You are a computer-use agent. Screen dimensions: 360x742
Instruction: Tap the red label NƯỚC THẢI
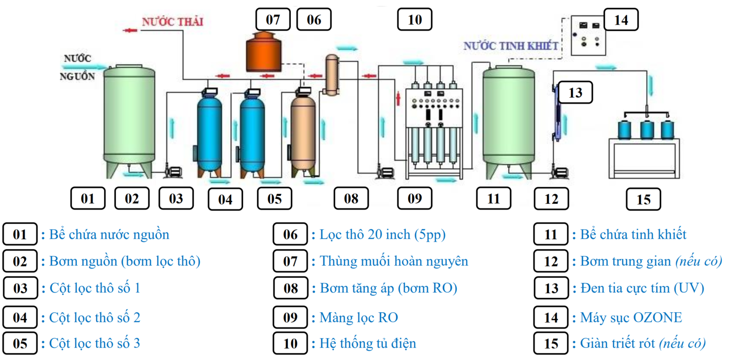173,22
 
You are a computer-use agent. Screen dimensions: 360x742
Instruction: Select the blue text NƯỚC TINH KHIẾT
511,46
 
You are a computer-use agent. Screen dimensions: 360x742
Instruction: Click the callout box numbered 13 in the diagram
575,93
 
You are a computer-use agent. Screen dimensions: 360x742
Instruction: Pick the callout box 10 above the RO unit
415,20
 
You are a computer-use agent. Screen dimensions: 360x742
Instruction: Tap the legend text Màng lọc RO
358,317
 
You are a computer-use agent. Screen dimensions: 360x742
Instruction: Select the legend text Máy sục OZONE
631,317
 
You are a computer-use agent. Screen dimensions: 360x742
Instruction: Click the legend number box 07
290,261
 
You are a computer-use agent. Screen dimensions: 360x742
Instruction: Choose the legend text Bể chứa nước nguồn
109,234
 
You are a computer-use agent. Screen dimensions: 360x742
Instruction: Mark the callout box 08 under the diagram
351,199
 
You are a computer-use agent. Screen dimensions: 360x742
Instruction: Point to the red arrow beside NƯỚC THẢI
130,31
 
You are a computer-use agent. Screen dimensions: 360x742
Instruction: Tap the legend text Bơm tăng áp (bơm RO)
388,288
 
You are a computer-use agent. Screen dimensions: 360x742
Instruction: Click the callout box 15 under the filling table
643,199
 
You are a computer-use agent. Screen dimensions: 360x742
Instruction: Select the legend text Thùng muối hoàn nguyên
393,261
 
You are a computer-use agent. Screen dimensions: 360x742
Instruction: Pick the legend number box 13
551,288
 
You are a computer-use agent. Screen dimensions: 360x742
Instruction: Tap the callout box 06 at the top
314,20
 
